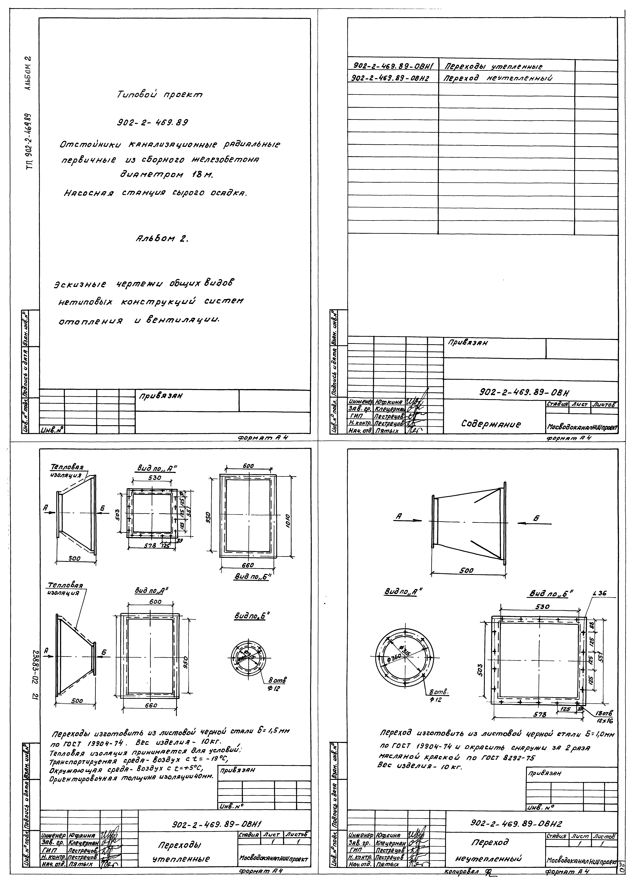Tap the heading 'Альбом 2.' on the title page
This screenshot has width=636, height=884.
[x=161, y=239]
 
